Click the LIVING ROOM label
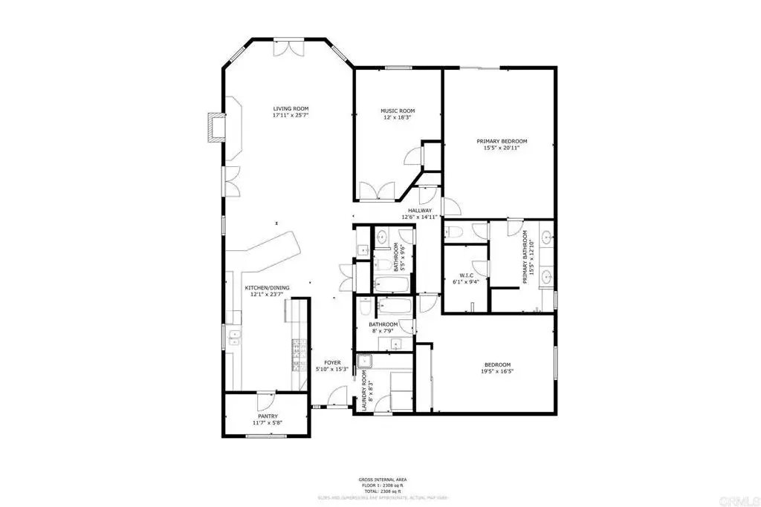coord(290,108)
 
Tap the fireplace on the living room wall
coord(216,126)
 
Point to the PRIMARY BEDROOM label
coord(502,141)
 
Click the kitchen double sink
coord(236,338)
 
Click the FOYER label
coord(331,362)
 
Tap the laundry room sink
coord(365,362)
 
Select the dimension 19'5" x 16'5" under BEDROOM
coord(497,372)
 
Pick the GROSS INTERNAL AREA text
coord(380,480)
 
